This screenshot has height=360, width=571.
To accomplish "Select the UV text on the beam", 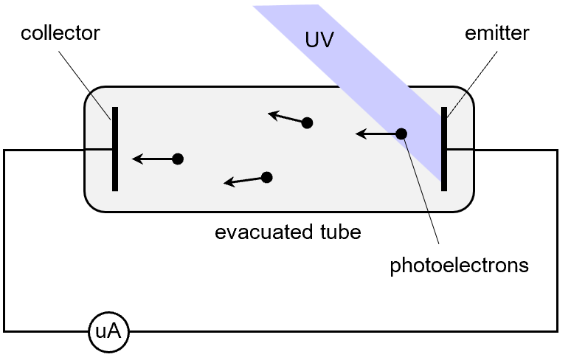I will [x=320, y=41].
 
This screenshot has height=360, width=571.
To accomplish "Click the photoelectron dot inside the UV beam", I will [x=401, y=134].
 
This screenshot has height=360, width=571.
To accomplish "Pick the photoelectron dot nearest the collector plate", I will [x=177, y=159].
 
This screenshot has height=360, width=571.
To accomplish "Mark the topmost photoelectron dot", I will [x=307, y=123].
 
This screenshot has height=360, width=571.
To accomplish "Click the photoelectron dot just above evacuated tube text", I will [x=267, y=177].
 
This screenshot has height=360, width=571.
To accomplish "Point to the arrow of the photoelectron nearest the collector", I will [x=151, y=159].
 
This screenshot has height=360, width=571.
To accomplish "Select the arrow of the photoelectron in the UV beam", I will [x=375, y=134].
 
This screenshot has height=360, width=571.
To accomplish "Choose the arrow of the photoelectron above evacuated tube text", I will [x=243, y=181].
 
